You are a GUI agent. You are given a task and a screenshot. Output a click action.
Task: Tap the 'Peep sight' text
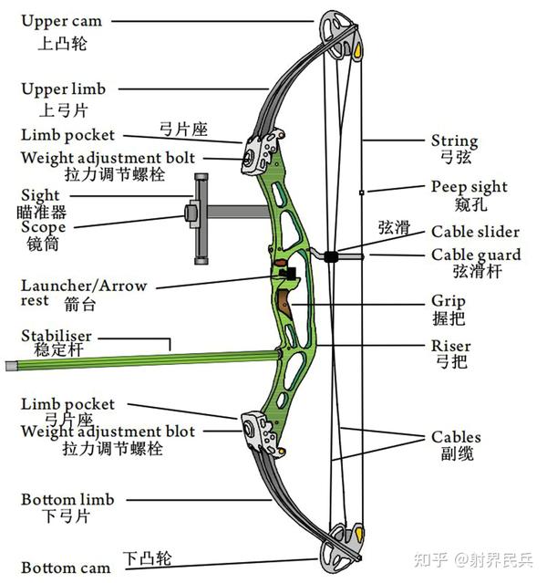[469, 187]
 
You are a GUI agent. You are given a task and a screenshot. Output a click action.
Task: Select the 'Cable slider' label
[475, 233]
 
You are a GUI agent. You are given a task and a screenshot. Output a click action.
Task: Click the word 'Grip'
[449, 301]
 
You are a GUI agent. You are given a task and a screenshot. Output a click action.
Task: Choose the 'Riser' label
[451, 347]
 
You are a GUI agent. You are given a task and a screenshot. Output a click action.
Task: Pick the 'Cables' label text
[456, 438]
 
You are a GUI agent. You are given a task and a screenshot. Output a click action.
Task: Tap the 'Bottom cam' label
[66, 567]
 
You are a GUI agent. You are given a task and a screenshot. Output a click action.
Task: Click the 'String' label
[454, 141]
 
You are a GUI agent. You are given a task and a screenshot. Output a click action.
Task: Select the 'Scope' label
[43, 227]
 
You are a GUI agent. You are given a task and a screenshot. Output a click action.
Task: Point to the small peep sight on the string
[362, 193]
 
